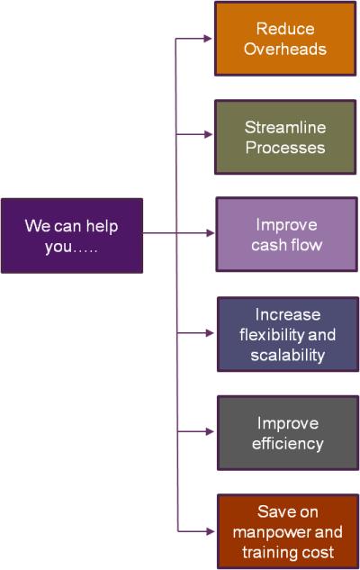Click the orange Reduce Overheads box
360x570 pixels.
coord(285,39)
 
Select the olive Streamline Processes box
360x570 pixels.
coord(285,137)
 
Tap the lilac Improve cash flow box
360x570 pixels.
coord(286,234)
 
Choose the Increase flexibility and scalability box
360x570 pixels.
coord(288,334)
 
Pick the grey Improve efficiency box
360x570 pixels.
coord(288,433)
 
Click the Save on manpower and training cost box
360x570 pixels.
coord(288,531)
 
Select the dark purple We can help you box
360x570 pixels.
coord(72,236)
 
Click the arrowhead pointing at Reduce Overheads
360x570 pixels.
coord(208,38)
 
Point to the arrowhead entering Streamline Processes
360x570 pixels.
coord(208,134)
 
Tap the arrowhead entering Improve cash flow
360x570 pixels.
coord(211,233)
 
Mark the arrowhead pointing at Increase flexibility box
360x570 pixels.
coord(210,332)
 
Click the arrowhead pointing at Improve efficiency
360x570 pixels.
coord(210,431)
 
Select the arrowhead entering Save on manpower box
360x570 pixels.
coord(211,531)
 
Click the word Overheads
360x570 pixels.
coord(285,49)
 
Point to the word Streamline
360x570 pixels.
coord(285,127)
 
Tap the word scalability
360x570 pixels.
coord(288,356)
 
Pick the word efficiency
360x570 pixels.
coord(288,444)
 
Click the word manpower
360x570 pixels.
coord(267,533)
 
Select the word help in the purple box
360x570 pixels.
coord(102,227)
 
